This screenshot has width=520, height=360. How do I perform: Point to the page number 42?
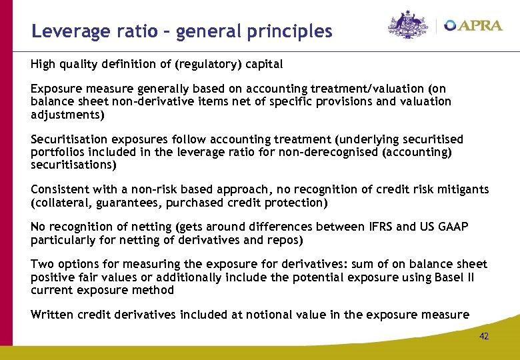(484, 336)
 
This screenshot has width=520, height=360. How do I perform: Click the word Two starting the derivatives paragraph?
(41, 265)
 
